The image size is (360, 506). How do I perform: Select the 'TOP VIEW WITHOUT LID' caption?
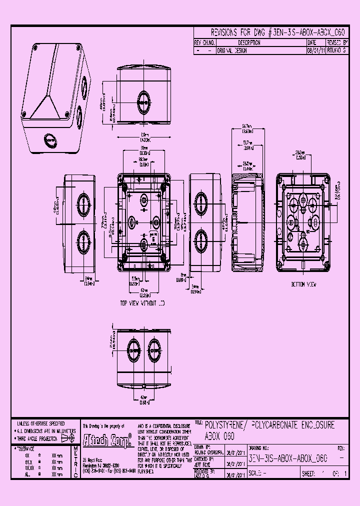[x=142, y=303]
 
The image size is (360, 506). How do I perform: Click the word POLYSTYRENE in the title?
[x=225, y=425]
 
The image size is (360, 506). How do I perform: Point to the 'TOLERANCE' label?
[x=29, y=449]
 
